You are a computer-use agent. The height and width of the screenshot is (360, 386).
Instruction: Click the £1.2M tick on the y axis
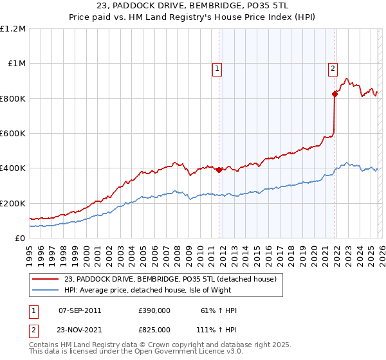coord(13,29)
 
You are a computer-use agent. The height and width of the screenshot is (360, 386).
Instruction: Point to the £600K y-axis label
coord(13,134)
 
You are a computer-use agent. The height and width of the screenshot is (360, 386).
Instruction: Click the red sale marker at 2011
coord(219,170)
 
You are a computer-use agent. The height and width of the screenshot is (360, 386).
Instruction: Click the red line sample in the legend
coord(45,279)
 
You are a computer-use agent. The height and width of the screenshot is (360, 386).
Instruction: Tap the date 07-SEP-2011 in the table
coord(80,310)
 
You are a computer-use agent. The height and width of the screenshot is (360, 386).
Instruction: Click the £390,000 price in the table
coord(154,310)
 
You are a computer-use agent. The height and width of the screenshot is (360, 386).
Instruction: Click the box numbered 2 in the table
coord(33,329)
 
